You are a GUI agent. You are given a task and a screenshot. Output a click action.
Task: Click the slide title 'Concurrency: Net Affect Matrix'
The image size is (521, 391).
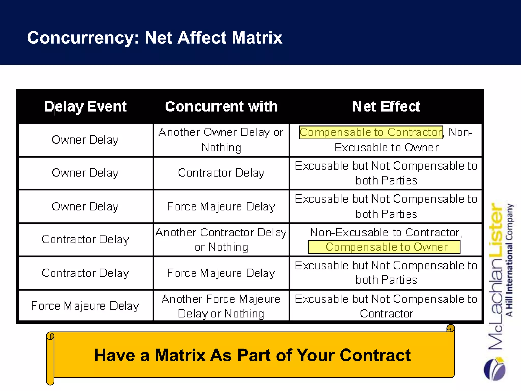(155, 38)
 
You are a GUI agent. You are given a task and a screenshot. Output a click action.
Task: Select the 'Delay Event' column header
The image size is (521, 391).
(85, 106)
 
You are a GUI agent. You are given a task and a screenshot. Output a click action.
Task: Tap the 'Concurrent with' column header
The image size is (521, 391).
(221, 106)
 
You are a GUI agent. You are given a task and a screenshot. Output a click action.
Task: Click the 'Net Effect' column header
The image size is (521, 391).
(386, 106)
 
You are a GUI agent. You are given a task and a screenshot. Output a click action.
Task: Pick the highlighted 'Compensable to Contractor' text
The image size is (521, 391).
(371, 132)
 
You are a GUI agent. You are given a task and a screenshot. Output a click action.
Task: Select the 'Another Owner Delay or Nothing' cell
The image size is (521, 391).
(221, 140)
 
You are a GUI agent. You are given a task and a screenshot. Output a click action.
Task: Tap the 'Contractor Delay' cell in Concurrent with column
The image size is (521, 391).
(221, 173)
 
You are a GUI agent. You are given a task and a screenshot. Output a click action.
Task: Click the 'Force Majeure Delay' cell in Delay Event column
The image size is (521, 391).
(85, 306)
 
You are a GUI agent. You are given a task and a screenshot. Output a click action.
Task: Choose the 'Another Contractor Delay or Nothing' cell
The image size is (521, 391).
(221, 240)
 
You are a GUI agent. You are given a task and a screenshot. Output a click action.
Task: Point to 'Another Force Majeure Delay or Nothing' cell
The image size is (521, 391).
(221, 306)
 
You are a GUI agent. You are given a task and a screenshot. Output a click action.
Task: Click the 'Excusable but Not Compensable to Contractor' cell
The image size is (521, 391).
(386, 306)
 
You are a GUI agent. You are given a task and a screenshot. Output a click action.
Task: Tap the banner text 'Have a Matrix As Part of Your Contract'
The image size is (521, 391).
(252, 355)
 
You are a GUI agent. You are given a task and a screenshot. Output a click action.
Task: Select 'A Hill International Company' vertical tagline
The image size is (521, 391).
(509, 260)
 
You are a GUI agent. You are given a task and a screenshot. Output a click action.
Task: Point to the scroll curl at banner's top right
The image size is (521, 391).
(451, 328)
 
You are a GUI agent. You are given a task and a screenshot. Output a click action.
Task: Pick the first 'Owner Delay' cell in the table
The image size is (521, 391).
(85, 140)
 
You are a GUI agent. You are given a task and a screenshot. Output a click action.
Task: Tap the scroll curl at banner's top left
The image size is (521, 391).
(50, 337)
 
